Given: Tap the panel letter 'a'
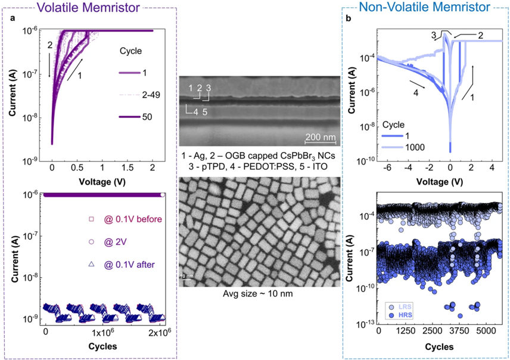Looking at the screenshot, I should click(x=13, y=20).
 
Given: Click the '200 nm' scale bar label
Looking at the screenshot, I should click(x=321, y=138).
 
